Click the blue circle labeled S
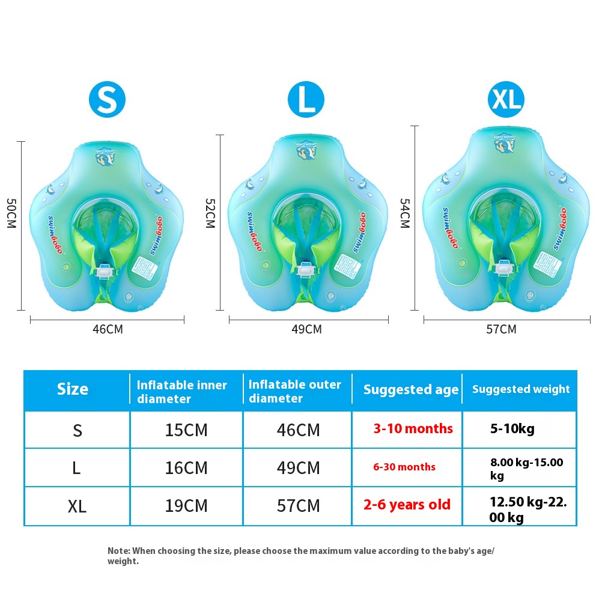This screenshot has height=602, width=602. click(108, 99)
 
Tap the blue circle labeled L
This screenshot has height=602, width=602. click(306, 99)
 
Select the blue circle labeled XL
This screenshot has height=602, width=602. click(506, 99)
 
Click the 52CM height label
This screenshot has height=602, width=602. click(210, 213)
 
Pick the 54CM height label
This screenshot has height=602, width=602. click(404, 213)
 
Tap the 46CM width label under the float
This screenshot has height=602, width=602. click(108, 329)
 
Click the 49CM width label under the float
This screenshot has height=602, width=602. click(306, 329)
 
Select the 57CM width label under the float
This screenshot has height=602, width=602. click(501, 329)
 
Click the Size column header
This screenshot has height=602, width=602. click(73, 389)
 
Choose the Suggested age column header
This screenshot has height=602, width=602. click(411, 390)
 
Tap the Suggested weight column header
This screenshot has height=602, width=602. click(521, 389)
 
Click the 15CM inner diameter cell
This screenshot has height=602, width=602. click(186, 430)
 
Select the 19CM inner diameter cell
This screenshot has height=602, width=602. click(186, 506)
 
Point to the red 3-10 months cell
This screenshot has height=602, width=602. click(413, 429)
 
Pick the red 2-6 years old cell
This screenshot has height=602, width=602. click(407, 505)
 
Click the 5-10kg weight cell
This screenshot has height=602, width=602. click(512, 429)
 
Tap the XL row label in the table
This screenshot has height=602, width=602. click(77, 506)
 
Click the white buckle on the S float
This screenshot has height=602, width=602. click(106, 272)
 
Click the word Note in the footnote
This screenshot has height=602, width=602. click(118, 550)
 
